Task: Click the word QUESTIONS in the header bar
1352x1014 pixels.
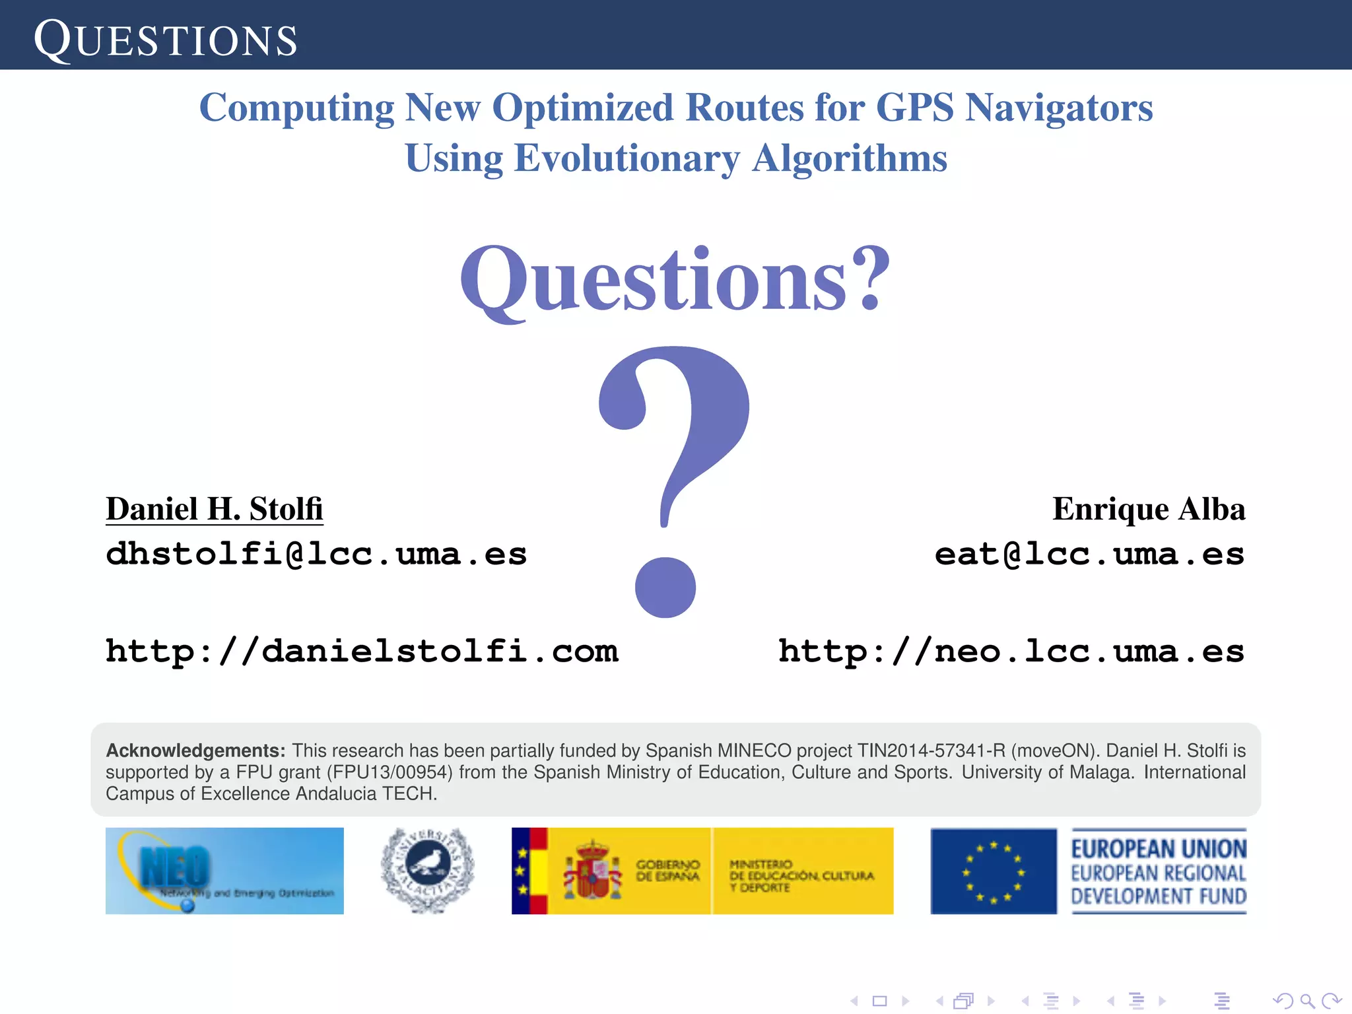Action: (165, 40)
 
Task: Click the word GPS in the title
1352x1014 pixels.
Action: (914, 107)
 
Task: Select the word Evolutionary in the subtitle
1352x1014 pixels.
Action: (626, 158)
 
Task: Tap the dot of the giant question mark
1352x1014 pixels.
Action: (665, 587)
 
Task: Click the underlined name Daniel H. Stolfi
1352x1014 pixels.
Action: (215, 509)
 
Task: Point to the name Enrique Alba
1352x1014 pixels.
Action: (1148, 509)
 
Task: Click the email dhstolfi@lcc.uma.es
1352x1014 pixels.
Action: (316, 553)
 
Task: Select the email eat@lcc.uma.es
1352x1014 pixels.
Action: (1089, 553)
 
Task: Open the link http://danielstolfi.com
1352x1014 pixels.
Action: (362, 651)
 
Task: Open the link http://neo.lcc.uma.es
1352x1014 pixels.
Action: (1011, 651)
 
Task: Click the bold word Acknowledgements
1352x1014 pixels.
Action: (195, 751)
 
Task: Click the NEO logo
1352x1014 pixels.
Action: (224, 871)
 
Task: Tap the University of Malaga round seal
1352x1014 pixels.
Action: (428, 871)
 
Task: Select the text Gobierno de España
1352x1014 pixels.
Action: (667, 871)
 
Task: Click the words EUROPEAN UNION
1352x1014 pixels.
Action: (1159, 848)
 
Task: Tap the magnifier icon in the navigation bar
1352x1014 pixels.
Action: (1307, 1001)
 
